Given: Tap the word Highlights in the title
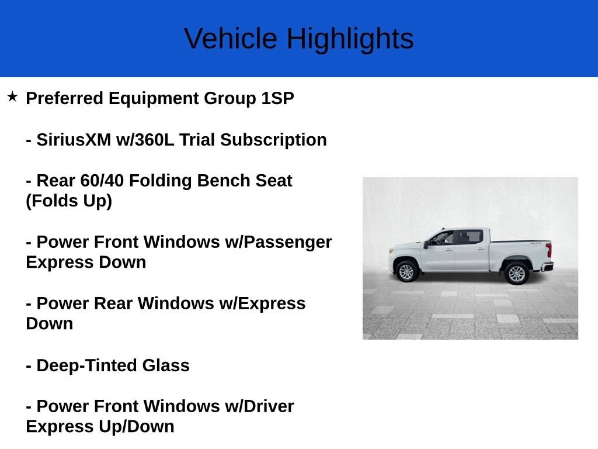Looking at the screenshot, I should [x=350, y=39].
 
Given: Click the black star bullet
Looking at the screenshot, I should [x=12, y=96].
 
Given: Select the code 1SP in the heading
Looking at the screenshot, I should [x=277, y=98].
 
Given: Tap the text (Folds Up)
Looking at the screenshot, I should [x=69, y=201].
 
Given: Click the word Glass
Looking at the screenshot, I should [x=166, y=365].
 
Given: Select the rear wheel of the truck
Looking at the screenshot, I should [x=516, y=273].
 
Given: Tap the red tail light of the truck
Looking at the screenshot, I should [x=549, y=250].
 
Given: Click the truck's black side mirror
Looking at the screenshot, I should [x=427, y=244].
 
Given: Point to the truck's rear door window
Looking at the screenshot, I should [x=470, y=237].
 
